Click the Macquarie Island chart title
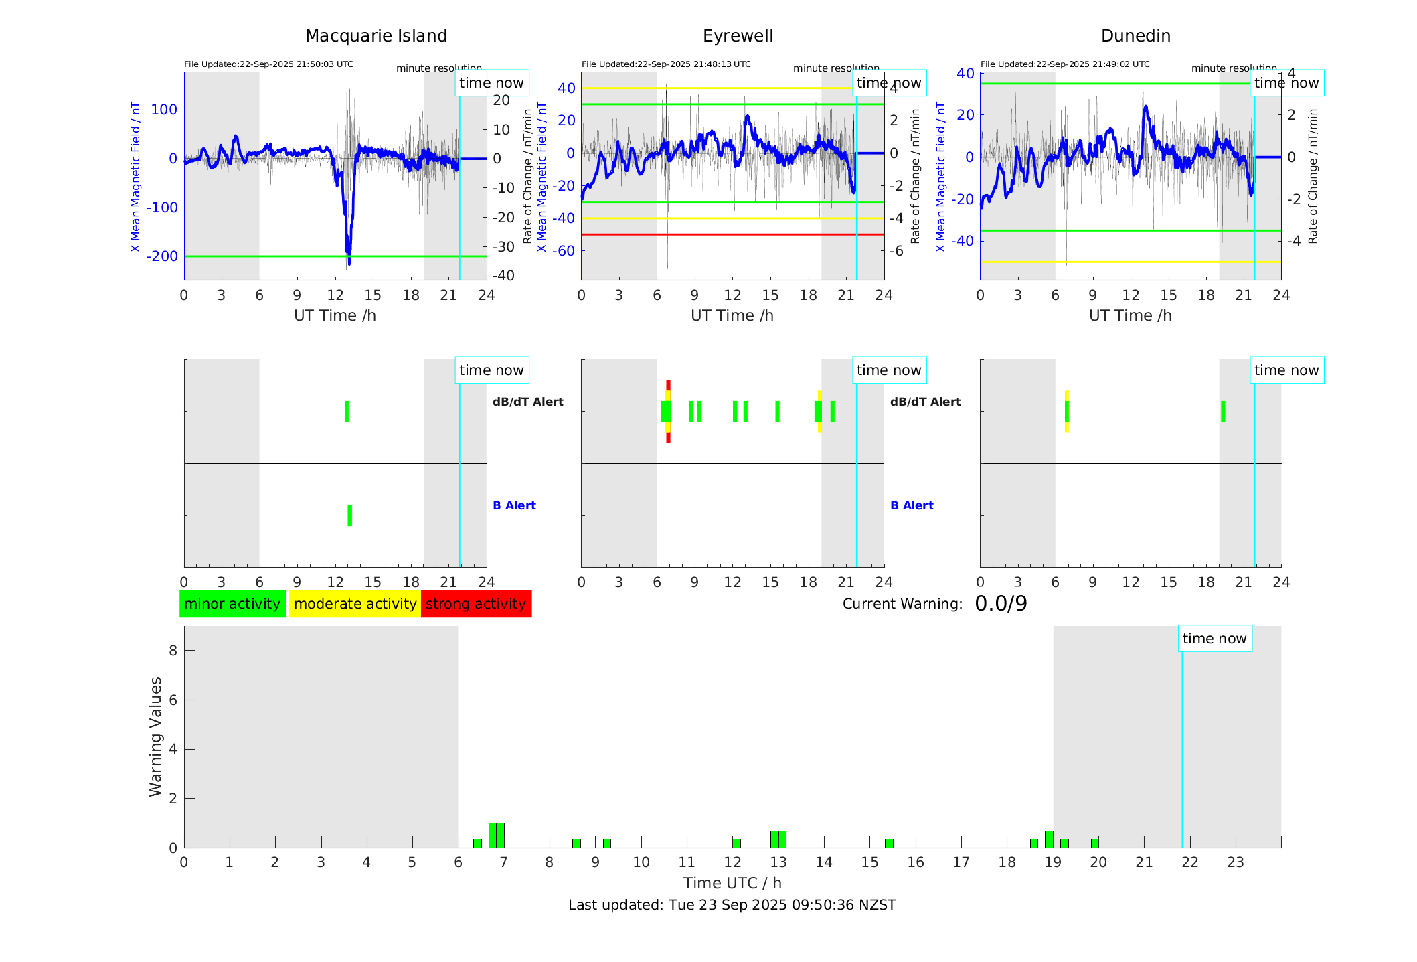tap(376, 36)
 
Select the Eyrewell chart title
tap(738, 36)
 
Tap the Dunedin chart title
tap(1135, 36)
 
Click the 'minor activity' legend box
tap(232, 604)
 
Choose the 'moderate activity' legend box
tap(355, 604)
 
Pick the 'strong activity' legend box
tap(476, 604)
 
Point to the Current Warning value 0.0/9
tap(1001, 604)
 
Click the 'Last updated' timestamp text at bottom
tap(732, 905)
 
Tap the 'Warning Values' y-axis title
tap(156, 736)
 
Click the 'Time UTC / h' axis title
tap(732, 883)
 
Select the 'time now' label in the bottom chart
tap(1214, 639)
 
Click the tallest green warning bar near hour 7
tap(496, 835)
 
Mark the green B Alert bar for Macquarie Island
tap(349, 515)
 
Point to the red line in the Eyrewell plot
tap(732, 234)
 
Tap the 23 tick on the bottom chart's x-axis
tap(1235, 862)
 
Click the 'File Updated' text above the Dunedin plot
tap(1065, 64)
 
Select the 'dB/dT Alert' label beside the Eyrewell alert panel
tap(925, 402)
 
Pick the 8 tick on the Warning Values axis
tap(173, 651)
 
